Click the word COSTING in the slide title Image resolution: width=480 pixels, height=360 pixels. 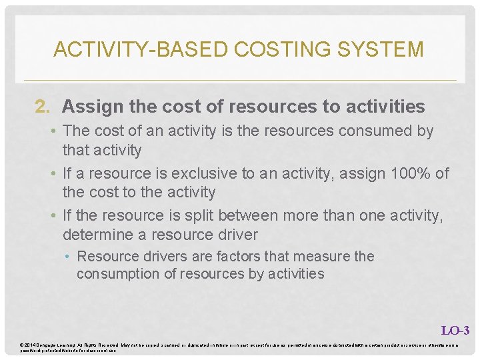click(269, 49)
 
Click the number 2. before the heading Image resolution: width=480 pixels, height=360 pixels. click(43, 107)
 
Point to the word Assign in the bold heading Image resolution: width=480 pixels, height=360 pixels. click(90, 107)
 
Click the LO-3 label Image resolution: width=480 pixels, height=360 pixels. click(455, 330)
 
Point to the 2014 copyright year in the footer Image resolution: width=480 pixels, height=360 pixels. click(31, 345)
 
